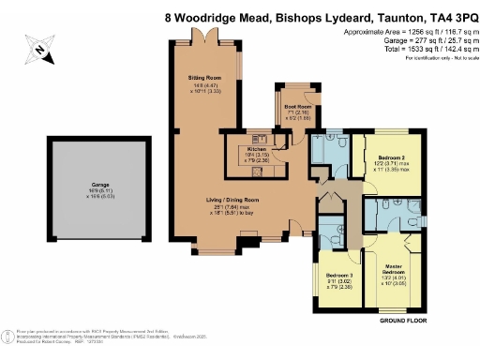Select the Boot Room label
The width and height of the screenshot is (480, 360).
tap(297, 107)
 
